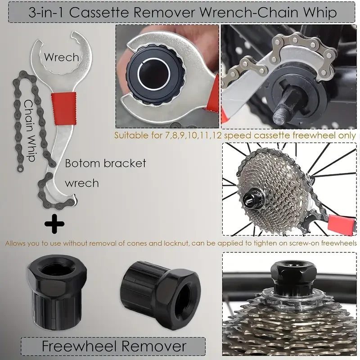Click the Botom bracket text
pyautogui.click(x=105, y=163)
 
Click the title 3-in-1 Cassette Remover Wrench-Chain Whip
pyautogui.click(x=182, y=12)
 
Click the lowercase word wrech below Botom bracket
pyautogui.click(x=82, y=183)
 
